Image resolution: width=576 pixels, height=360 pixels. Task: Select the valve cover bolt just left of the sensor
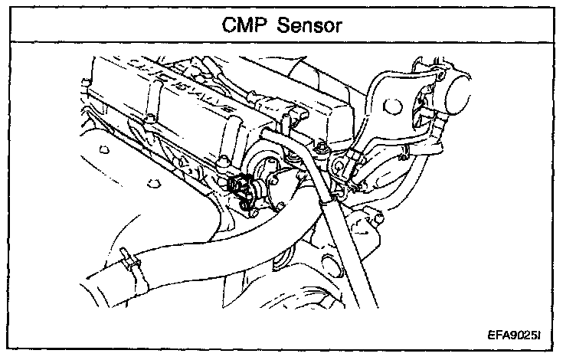[x=222, y=162]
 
